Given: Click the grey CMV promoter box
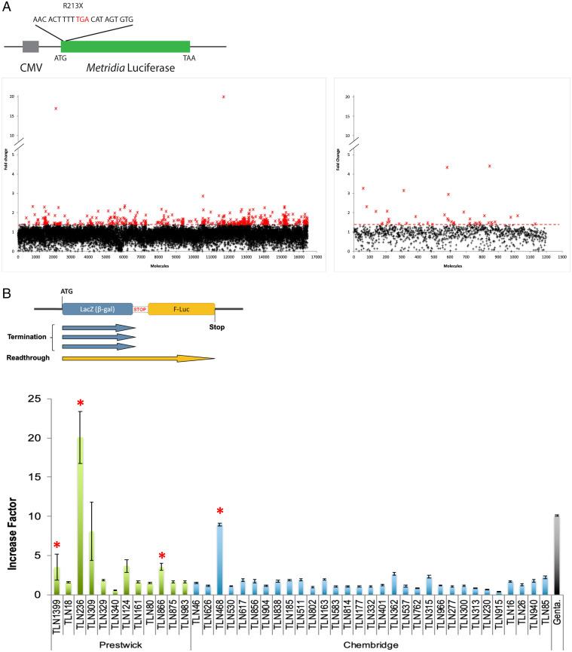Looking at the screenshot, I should point(31,46).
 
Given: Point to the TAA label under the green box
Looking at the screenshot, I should point(190,57).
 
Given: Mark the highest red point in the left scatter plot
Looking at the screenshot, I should point(223,96).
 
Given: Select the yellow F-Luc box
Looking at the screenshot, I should point(181,308).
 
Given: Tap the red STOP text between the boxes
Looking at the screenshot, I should point(139,308).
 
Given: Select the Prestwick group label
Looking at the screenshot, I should point(120,644).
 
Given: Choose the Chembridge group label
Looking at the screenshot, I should point(369,644).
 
